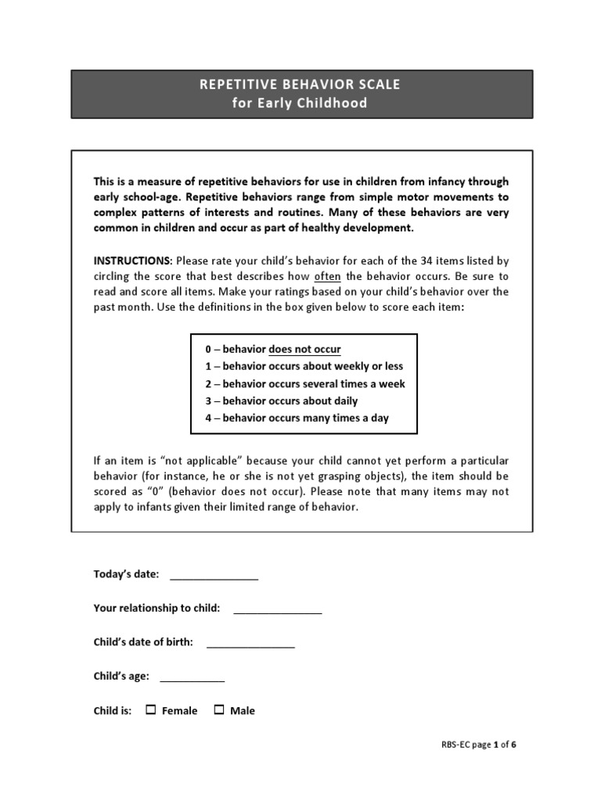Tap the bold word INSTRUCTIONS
[132, 260]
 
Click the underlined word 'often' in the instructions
[327, 276]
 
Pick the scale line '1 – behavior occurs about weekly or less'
[304, 366]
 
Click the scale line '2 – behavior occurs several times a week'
[305, 383]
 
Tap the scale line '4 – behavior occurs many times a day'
[297, 418]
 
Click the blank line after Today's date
[214, 576]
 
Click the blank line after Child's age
[192, 677]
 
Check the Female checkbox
[151, 710]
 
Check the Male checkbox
[219, 710]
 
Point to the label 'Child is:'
[113, 711]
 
